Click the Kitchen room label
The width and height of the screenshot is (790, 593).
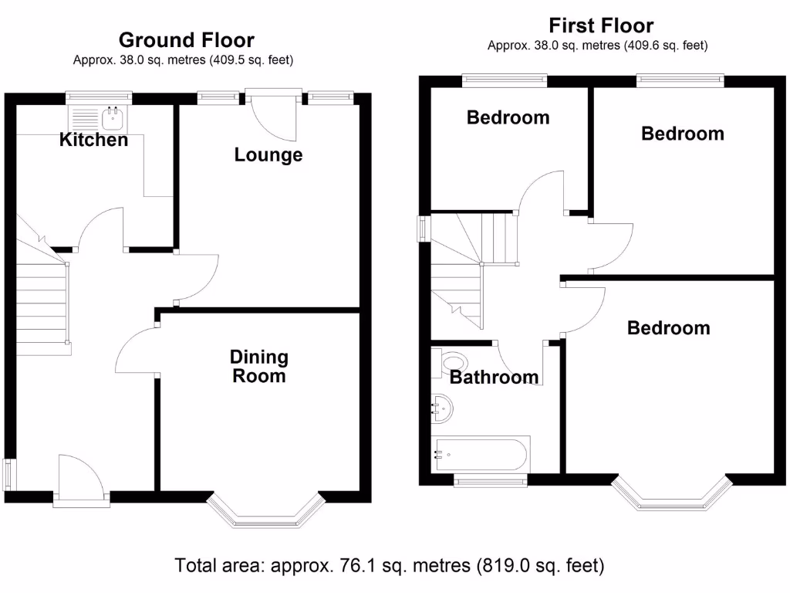tap(94, 140)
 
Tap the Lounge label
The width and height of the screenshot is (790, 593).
tap(268, 154)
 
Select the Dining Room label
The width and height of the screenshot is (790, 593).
tap(259, 367)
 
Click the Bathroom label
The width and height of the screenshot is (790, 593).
tap(494, 377)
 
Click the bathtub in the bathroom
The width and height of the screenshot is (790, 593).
tap(480, 453)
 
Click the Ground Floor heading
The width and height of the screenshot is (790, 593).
tap(186, 39)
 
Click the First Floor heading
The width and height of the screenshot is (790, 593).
tap(600, 25)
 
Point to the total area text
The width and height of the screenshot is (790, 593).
tap(390, 566)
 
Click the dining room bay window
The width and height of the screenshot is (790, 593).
tap(264, 513)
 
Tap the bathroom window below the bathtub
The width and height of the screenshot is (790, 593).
tap(491, 482)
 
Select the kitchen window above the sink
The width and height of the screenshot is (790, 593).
tap(99, 97)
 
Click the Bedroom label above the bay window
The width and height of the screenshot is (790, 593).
tap(668, 327)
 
